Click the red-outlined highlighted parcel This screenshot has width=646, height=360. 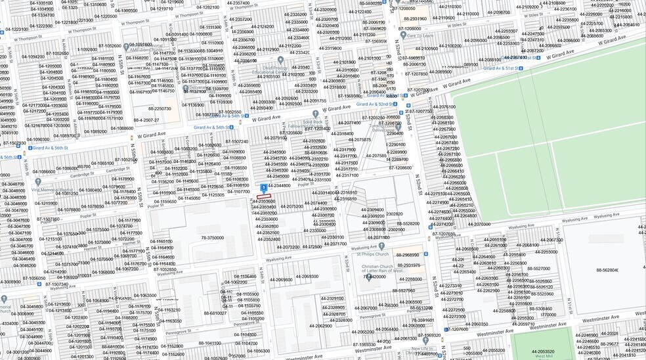click(263, 196)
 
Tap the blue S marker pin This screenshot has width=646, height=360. click(264, 188)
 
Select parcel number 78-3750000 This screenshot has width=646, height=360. click(213, 238)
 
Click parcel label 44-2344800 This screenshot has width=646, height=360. click(277, 186)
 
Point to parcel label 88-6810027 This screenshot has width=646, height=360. click(215, 313)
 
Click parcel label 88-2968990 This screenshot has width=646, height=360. click(406, 255)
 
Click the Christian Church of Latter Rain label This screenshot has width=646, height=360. click(391, 269)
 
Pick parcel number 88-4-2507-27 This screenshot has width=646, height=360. click(147, 120)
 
